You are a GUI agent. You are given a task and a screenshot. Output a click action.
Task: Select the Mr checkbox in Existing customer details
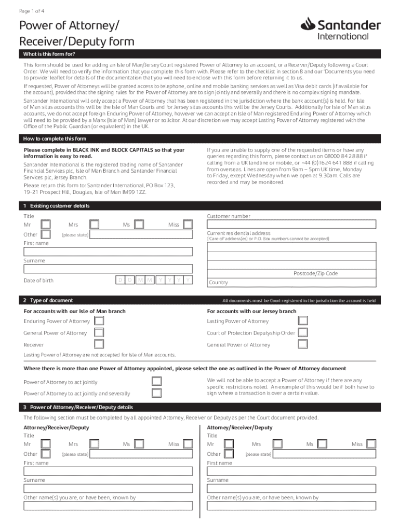pyautogui.click(x=46, y=225)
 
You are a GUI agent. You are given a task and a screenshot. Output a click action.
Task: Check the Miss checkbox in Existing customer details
pyautogui.click(x=188, y=225)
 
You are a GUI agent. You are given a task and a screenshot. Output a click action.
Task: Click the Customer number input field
pyautogui.click(x=291, y=225)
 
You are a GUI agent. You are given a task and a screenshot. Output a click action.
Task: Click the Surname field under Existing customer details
pyautogui.click(x=108, y=269)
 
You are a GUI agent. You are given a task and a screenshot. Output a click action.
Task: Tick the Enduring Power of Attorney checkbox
pyautogui.click(x=99, y=321)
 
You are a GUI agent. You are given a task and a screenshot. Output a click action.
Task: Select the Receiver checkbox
pyautogui.click(x=99, y=344)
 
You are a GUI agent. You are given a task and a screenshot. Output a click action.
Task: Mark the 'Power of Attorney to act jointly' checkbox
pyautogui.click(x=156, y=382)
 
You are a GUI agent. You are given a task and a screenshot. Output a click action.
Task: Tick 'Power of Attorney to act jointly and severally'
pyautogui.click(x=156, y=394)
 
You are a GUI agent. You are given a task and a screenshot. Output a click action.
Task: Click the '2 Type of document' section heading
pyautogui.click(x=48, y=300)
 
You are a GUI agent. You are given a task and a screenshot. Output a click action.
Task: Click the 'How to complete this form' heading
pyautogui.click(x=55, y=139)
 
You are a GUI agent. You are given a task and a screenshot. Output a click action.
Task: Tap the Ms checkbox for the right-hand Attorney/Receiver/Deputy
pyautogui.click(x=323, y=444)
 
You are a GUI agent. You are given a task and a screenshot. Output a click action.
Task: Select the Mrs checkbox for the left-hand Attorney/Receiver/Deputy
pyautogui.click(x=94, y=444)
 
